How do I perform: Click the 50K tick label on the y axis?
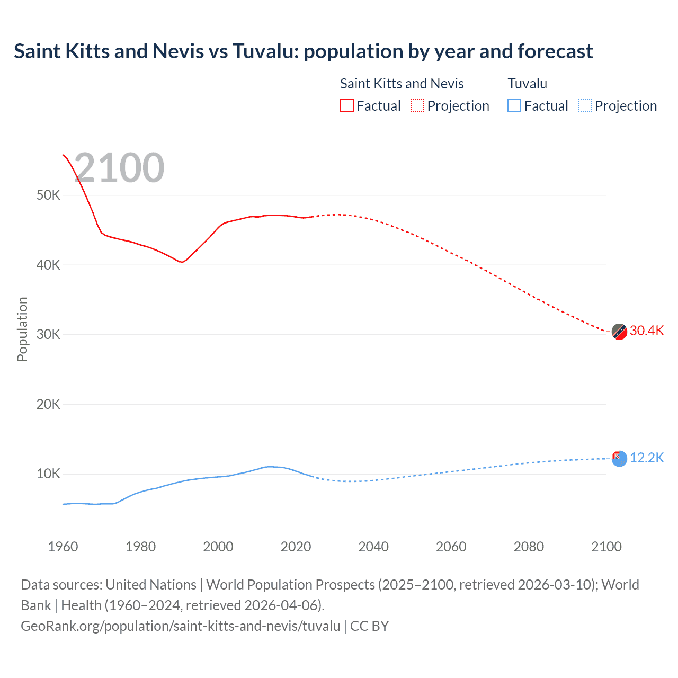(x=48, y=195)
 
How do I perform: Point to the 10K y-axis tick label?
(x=48, y=474)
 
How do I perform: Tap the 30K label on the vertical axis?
(x=48, y=334)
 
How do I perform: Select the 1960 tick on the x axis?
(x=63, y=547)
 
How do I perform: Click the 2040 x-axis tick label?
(x=373, y=547)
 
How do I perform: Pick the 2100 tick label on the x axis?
(x=606, y=547)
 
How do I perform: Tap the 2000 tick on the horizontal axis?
(x=218, y=547)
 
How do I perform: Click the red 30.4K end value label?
(x=646, y=331)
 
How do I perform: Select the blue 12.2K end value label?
(x=646, y=458)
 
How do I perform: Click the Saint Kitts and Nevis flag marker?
(x=619, y=332)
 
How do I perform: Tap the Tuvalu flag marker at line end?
(x=619, y=459)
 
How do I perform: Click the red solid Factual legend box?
(x=347, y=106)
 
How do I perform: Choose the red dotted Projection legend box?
(x=417, y=106)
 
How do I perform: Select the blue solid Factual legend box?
(x=514, y=106)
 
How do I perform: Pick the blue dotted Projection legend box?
(x=585, y=106)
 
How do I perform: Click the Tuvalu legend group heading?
(x=527, y=84)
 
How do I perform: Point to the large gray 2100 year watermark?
(x=119, y=168)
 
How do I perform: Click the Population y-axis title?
(x=22, y=329)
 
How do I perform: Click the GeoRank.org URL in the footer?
(x=180, y=626)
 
